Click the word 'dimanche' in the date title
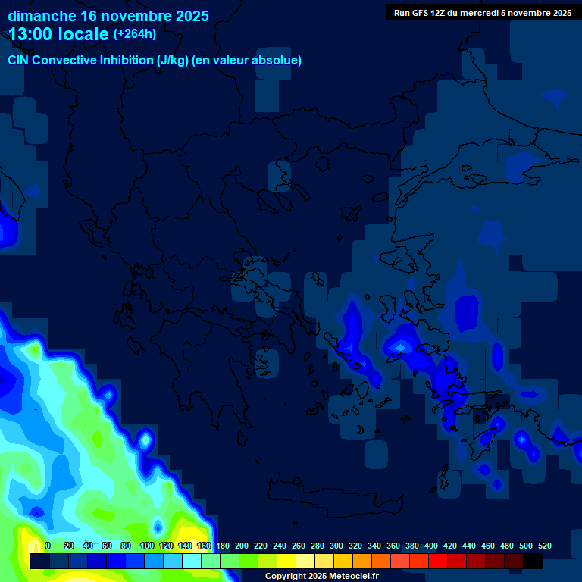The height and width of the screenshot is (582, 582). [42, 16]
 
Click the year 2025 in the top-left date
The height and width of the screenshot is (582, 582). [190, 16]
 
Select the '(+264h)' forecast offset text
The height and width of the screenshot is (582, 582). [135, 34]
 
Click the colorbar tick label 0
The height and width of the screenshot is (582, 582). [48, 546]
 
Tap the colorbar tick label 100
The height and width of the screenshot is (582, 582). [147, 546]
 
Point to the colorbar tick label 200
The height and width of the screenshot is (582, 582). [242, 546]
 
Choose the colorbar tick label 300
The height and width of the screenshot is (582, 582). [336, 546]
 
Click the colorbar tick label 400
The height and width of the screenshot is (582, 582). [431, 546]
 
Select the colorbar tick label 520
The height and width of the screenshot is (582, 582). [544, 546]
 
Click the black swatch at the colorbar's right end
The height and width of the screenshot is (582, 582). [533, 561]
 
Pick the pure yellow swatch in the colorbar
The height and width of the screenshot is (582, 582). [286, 561]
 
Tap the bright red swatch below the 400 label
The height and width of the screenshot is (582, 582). [438, 561]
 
